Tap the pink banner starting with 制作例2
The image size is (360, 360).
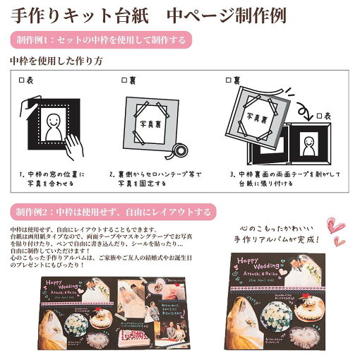pyautogui.click(x=113, y=211)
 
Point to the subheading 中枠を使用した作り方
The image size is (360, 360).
pyautogui.click(x=56, y=61)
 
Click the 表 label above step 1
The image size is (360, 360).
pyautogui.click(x=26, y=81)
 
